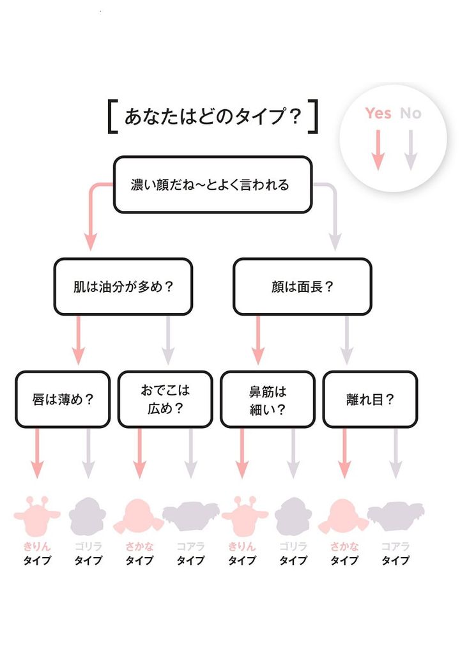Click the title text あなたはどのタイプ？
213,117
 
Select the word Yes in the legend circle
378,113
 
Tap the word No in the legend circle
411,113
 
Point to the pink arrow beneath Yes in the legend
378,149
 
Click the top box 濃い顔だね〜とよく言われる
213,185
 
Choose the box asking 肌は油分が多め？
123,286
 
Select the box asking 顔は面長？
302,286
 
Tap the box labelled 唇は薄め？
63,399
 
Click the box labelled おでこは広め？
165,399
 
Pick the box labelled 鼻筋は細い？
268,399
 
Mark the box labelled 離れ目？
370,399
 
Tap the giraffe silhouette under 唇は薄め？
36,514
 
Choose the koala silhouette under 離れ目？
395,514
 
